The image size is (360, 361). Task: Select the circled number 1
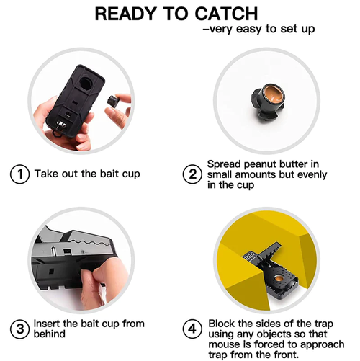coord(19,174)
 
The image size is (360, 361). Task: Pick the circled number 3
coord(19,329)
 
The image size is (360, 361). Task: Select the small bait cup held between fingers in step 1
coord(114,102)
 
